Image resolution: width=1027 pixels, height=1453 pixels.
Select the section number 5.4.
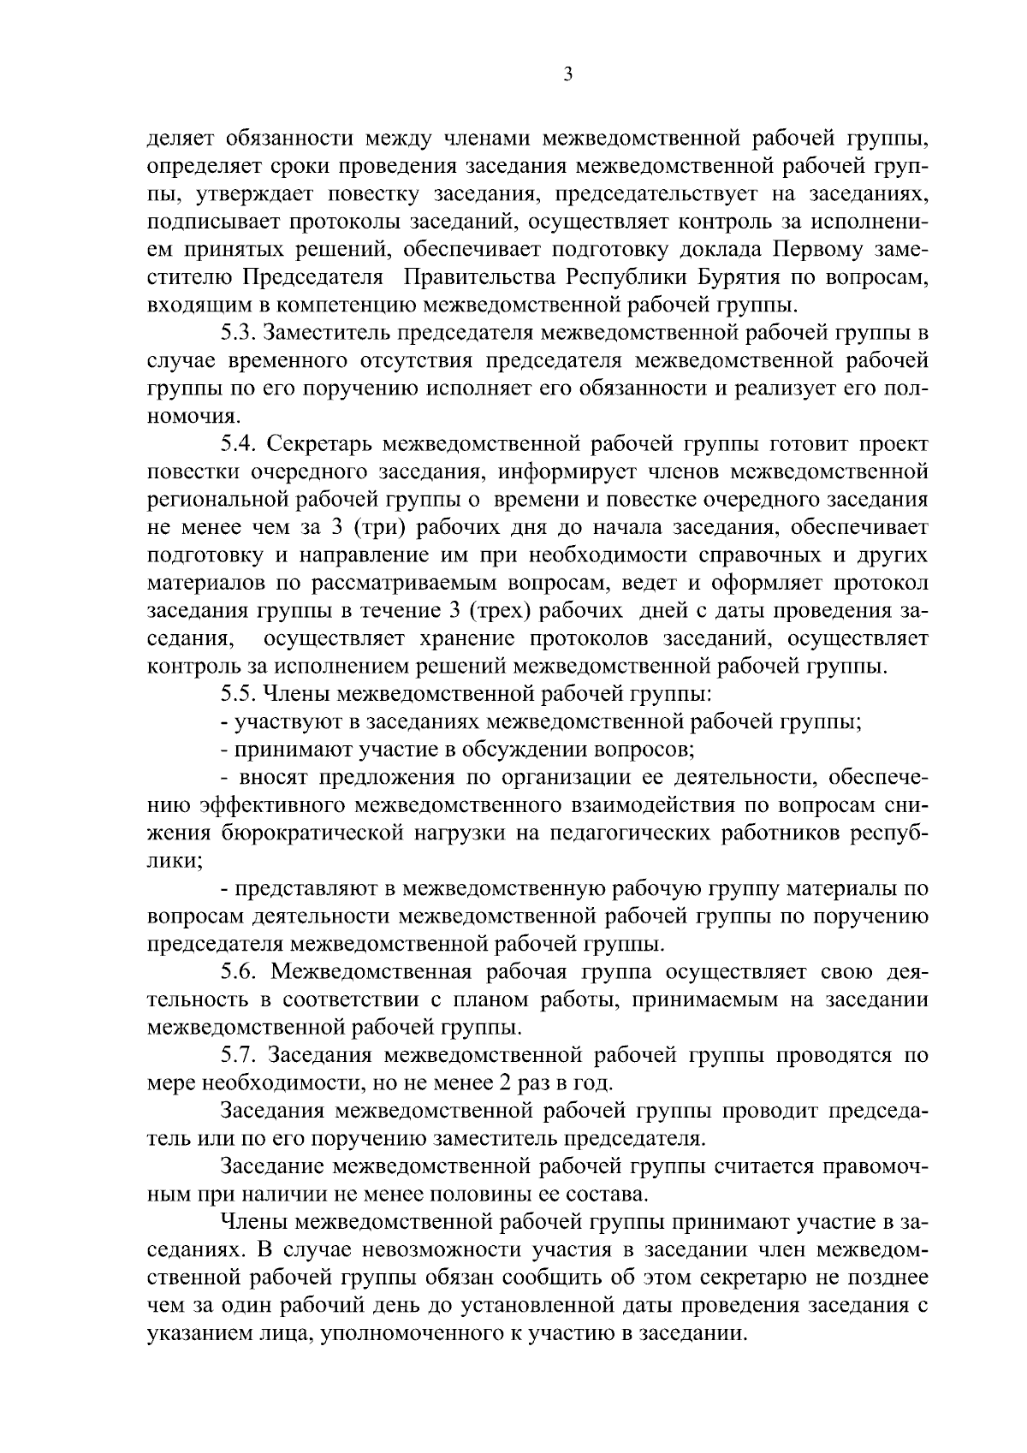[x=238, y=444]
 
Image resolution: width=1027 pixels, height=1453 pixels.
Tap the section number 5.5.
[x=238, y=694]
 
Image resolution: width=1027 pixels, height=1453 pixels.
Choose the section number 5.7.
[x=238, y=1055]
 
